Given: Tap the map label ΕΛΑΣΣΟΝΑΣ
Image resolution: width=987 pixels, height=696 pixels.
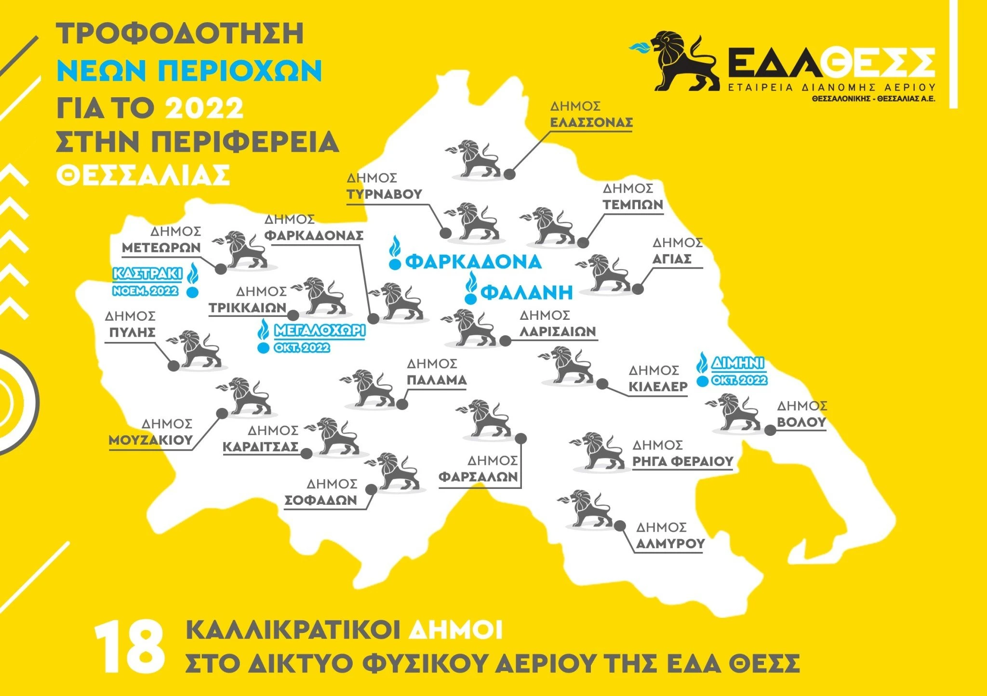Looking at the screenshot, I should (x=591, y=122).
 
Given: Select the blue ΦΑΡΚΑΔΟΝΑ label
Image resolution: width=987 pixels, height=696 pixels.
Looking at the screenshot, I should (x=473, y=262).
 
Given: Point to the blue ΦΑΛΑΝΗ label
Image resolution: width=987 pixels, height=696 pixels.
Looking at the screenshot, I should (x=527, y=292).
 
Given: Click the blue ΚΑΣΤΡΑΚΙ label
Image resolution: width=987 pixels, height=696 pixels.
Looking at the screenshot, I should (x=147, y=274).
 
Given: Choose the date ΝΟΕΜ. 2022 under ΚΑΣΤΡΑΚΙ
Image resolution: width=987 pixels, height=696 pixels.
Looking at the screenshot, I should (x=145, y=291).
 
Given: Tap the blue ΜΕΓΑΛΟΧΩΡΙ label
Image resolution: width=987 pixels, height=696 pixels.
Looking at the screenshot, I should (x=319, y=330).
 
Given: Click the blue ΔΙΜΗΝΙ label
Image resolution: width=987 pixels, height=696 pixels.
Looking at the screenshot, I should (x=738, y=363).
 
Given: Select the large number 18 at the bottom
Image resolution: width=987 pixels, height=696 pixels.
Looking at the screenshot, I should (x=129, y=646).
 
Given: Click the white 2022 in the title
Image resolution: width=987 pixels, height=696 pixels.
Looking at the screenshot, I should (x=204, y=108).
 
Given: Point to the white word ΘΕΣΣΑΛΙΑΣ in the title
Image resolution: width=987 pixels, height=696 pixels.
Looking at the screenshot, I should (x=143, y=176).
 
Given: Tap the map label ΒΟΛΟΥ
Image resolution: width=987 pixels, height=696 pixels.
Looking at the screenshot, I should (x=801, y=422).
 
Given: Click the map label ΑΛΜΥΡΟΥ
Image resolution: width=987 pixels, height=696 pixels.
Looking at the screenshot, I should (x=670, y=544).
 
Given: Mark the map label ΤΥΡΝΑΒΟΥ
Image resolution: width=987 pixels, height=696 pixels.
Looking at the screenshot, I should (x=384, y=194).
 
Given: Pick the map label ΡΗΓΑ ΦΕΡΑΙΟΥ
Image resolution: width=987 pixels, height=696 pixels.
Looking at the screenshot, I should (x=682, y=461).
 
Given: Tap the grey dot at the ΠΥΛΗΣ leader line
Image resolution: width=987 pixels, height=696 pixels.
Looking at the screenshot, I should (x=173, y=366).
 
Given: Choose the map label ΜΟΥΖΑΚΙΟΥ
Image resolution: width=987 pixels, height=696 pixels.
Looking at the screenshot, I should (x=150, y=440).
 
